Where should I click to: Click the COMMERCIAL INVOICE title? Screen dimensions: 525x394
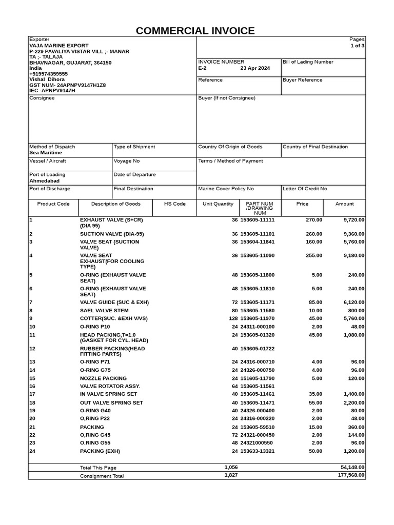[195, 31]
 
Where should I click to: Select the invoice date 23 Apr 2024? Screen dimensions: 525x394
[255, 68]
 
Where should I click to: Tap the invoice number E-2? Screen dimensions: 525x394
[202, 68]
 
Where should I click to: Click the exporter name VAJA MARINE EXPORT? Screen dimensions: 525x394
[59, 46]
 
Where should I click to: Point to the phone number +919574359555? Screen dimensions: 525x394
[48, 74]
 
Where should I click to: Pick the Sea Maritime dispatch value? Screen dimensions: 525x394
[46, 153]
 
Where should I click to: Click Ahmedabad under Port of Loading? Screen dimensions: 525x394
[44, 181]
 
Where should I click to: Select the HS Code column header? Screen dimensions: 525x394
[174, 204]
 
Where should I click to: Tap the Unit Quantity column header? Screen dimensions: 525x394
[218, 204]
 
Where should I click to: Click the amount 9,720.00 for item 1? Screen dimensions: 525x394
[354, 220]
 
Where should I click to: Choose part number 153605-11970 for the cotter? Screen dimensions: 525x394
[258, 318]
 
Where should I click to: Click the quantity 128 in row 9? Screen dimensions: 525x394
[233, 318]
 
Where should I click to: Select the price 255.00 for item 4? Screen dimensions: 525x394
[313, 256]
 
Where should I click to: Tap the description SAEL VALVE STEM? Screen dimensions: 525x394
[104, 311]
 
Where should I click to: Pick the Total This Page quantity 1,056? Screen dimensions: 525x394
[231, 468]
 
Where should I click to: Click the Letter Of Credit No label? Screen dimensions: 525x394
[305, 189]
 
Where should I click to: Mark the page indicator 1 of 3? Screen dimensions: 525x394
[357, 46]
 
